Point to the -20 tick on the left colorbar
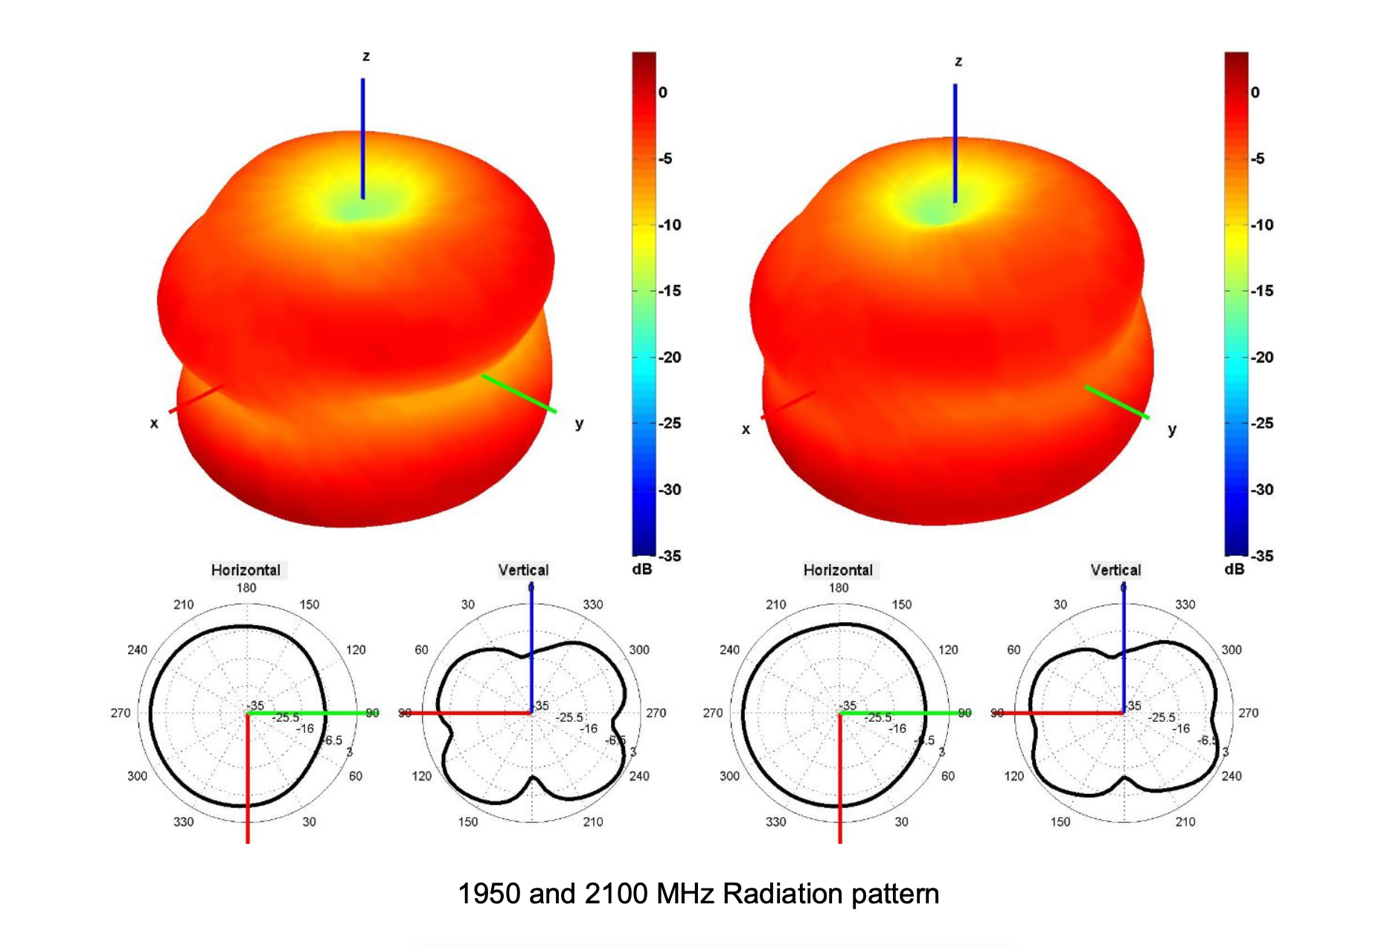point(669,357)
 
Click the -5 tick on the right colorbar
point(1257,158)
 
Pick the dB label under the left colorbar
point(641,569)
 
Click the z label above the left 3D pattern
point(366,57)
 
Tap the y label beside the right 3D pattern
point(1172,429)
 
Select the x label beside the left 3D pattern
point(154,423)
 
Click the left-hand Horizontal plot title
point(246,570)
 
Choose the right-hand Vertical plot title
point(1115,570)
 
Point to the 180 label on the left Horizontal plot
point(246,588)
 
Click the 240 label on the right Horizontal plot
point(729,650)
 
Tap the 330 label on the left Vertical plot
point(593,604)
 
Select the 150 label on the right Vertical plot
point(1060,822)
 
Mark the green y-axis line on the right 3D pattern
point(1117,403)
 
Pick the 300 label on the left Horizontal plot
point(137,776)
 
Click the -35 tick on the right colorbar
point(1262,556)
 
